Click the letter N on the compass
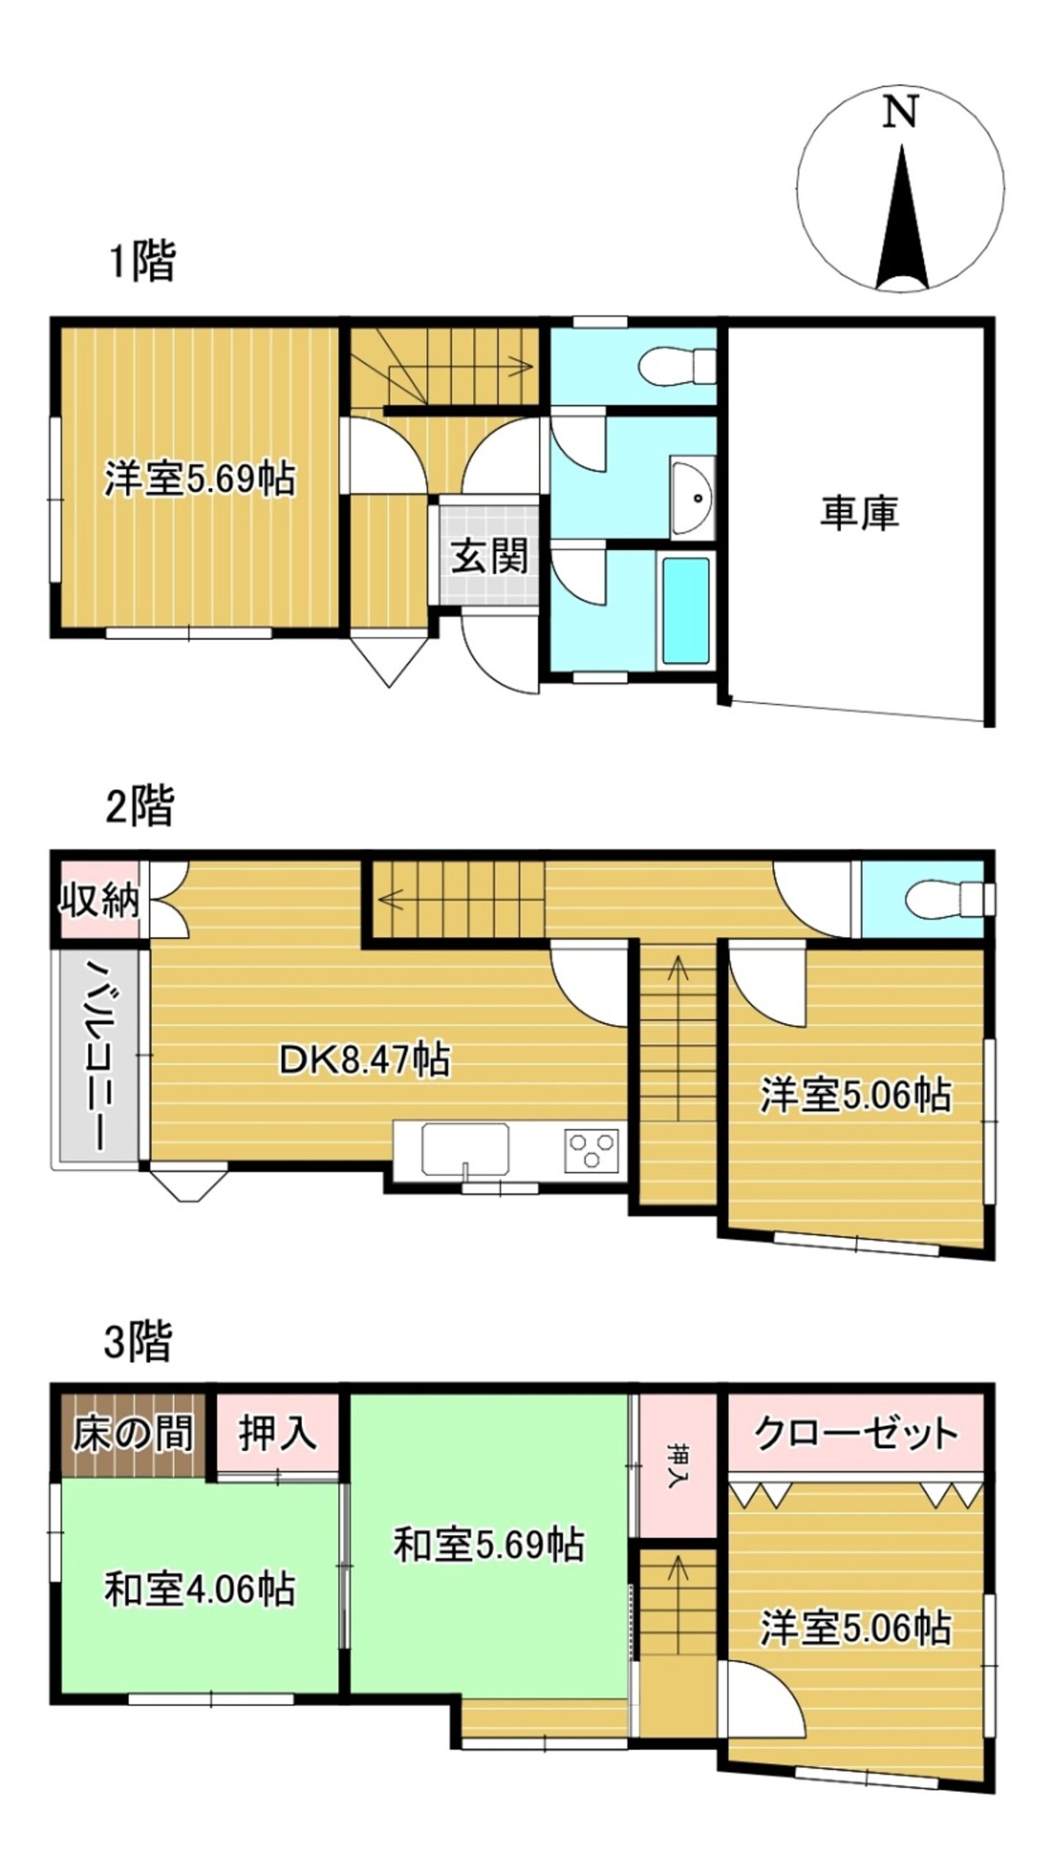900,114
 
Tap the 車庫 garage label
859,513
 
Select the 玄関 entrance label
489,557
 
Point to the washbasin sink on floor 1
693,498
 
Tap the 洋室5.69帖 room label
199,480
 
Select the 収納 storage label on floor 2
98,900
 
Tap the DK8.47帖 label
364,1060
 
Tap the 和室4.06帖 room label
199,1610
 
